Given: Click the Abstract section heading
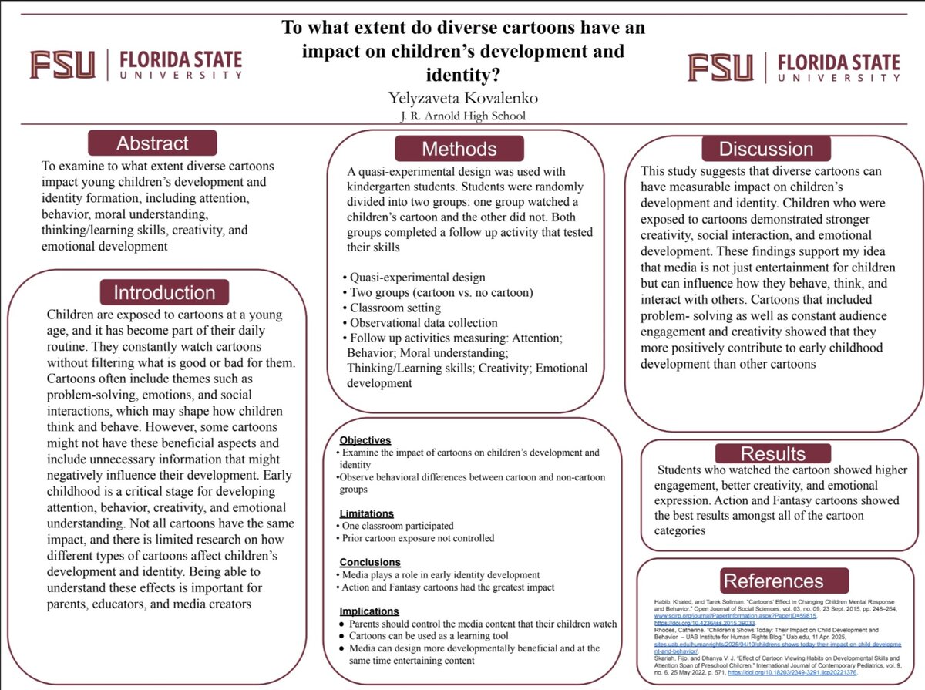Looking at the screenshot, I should (153, 143).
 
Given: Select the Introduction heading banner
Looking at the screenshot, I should (164, 293).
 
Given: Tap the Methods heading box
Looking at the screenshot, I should (459, 149).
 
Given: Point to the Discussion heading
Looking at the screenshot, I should (765, 149).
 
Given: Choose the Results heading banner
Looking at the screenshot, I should (772, 453).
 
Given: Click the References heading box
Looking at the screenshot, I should (773, 581).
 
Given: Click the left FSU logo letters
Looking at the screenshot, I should (62, 65).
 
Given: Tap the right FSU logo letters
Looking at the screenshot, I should (721, 67).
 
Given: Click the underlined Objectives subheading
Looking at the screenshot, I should (365, 440).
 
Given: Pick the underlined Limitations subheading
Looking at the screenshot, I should (367, 513).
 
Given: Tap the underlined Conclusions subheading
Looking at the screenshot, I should (370, 562).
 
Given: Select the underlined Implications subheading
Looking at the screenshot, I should (369, 611).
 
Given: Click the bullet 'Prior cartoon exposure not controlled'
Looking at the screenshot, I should (418, 538).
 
